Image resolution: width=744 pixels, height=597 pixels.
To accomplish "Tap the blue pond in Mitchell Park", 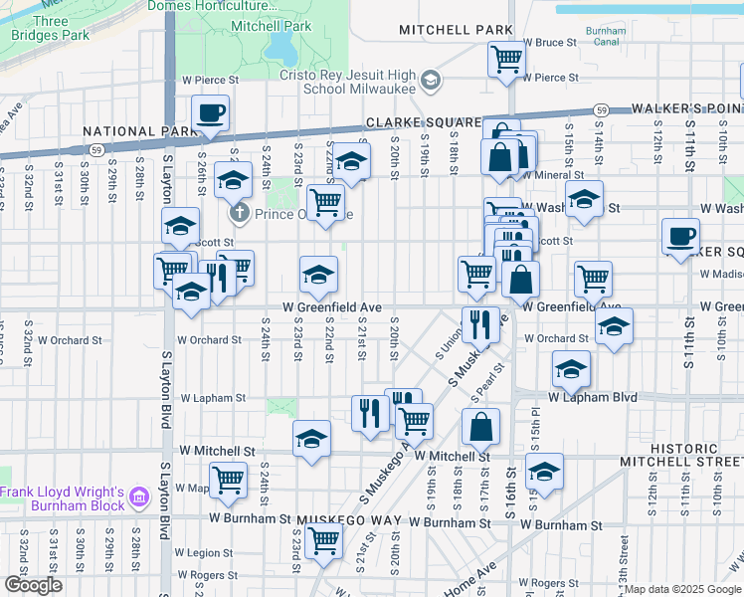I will pyautogui.click(x=279, y=45).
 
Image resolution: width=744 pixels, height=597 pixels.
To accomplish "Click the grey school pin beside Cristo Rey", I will pyautogui.click(x=431, y=80).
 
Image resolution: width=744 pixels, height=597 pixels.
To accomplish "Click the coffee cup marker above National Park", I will pyautogui.click(x=210, y=113).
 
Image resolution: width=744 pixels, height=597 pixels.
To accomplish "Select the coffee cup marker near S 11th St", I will pyautogui.click(x=681, y=237).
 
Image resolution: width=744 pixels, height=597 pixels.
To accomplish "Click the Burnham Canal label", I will pyautogui.click(x=605, y=37).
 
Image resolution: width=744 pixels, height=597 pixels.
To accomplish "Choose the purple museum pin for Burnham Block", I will pyautogui.click(x=139, y=496).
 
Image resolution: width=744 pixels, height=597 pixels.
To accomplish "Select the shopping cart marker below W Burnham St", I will pyautogui.click(x=323, y=541).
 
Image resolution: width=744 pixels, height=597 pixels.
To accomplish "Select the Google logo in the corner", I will pyautogui.click(x=33, y=585).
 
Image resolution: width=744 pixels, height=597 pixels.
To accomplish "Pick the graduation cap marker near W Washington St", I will pyautogui.click(x=584, y=198).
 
